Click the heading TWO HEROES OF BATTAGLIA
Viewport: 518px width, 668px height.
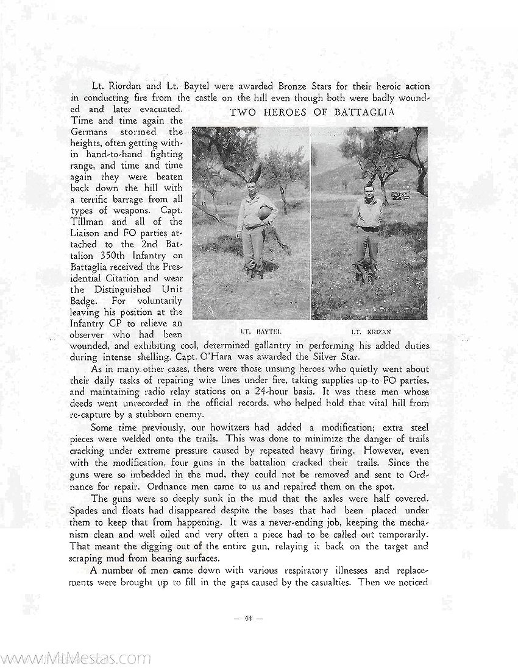(312, 112)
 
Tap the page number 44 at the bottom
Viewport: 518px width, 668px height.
(248, 619)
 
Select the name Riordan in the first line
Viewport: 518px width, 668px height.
(127, 86)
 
